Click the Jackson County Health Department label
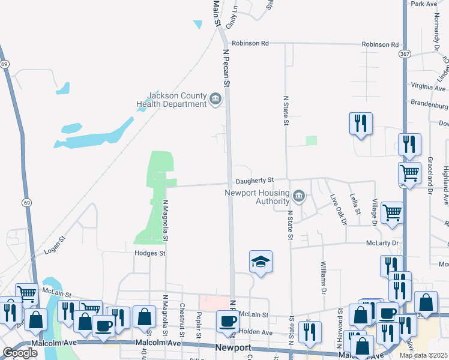[171, 100]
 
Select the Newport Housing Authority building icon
[298, 196]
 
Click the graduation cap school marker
[261, 262]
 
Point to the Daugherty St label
[255, 180]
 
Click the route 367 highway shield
[405, 53]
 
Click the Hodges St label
[149, 254]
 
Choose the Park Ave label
[424, 4]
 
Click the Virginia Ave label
[429, 86]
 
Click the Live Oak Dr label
[337, 209]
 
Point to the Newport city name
[232, 348]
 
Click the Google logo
[20, 353]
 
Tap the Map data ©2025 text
[424, 355]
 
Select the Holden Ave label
[256, 332]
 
